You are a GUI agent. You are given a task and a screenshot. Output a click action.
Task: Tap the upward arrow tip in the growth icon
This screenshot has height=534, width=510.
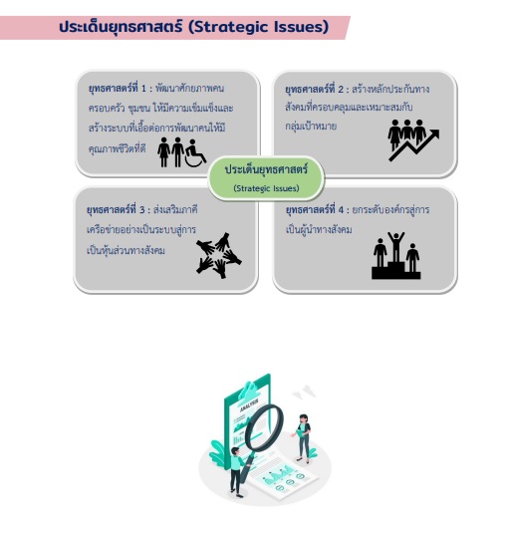pos(438,131)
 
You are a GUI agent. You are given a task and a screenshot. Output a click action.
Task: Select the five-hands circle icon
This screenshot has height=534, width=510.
pos(218,255)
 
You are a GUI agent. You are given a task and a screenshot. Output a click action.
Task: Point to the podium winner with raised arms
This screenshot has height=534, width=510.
pos(396,247)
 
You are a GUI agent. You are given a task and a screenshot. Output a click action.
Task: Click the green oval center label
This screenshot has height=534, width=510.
pos(266,177)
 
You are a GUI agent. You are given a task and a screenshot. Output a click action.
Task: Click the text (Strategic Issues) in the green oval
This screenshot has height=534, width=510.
pos(266,188)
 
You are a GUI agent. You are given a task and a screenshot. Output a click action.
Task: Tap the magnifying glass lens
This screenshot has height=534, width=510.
pos(265,427)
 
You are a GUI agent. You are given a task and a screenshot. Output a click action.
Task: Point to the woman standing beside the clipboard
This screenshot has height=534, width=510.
pos(302,438)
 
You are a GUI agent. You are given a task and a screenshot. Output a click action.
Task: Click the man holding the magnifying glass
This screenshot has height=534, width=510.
pos(238,472)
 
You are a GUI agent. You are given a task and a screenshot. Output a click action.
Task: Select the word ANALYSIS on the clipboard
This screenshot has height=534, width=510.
pos(249,404)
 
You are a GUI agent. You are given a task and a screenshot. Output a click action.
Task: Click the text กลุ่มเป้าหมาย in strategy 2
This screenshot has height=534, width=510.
pos(311,126)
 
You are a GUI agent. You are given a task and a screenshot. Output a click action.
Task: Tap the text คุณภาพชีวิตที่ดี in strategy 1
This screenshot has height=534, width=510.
pos(118,148)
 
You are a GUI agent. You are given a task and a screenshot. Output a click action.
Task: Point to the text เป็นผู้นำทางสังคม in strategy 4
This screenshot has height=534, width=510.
pos(319,229)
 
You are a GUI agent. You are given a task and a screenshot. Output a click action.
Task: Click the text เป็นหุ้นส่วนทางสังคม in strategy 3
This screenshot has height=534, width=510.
pos(126,250)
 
